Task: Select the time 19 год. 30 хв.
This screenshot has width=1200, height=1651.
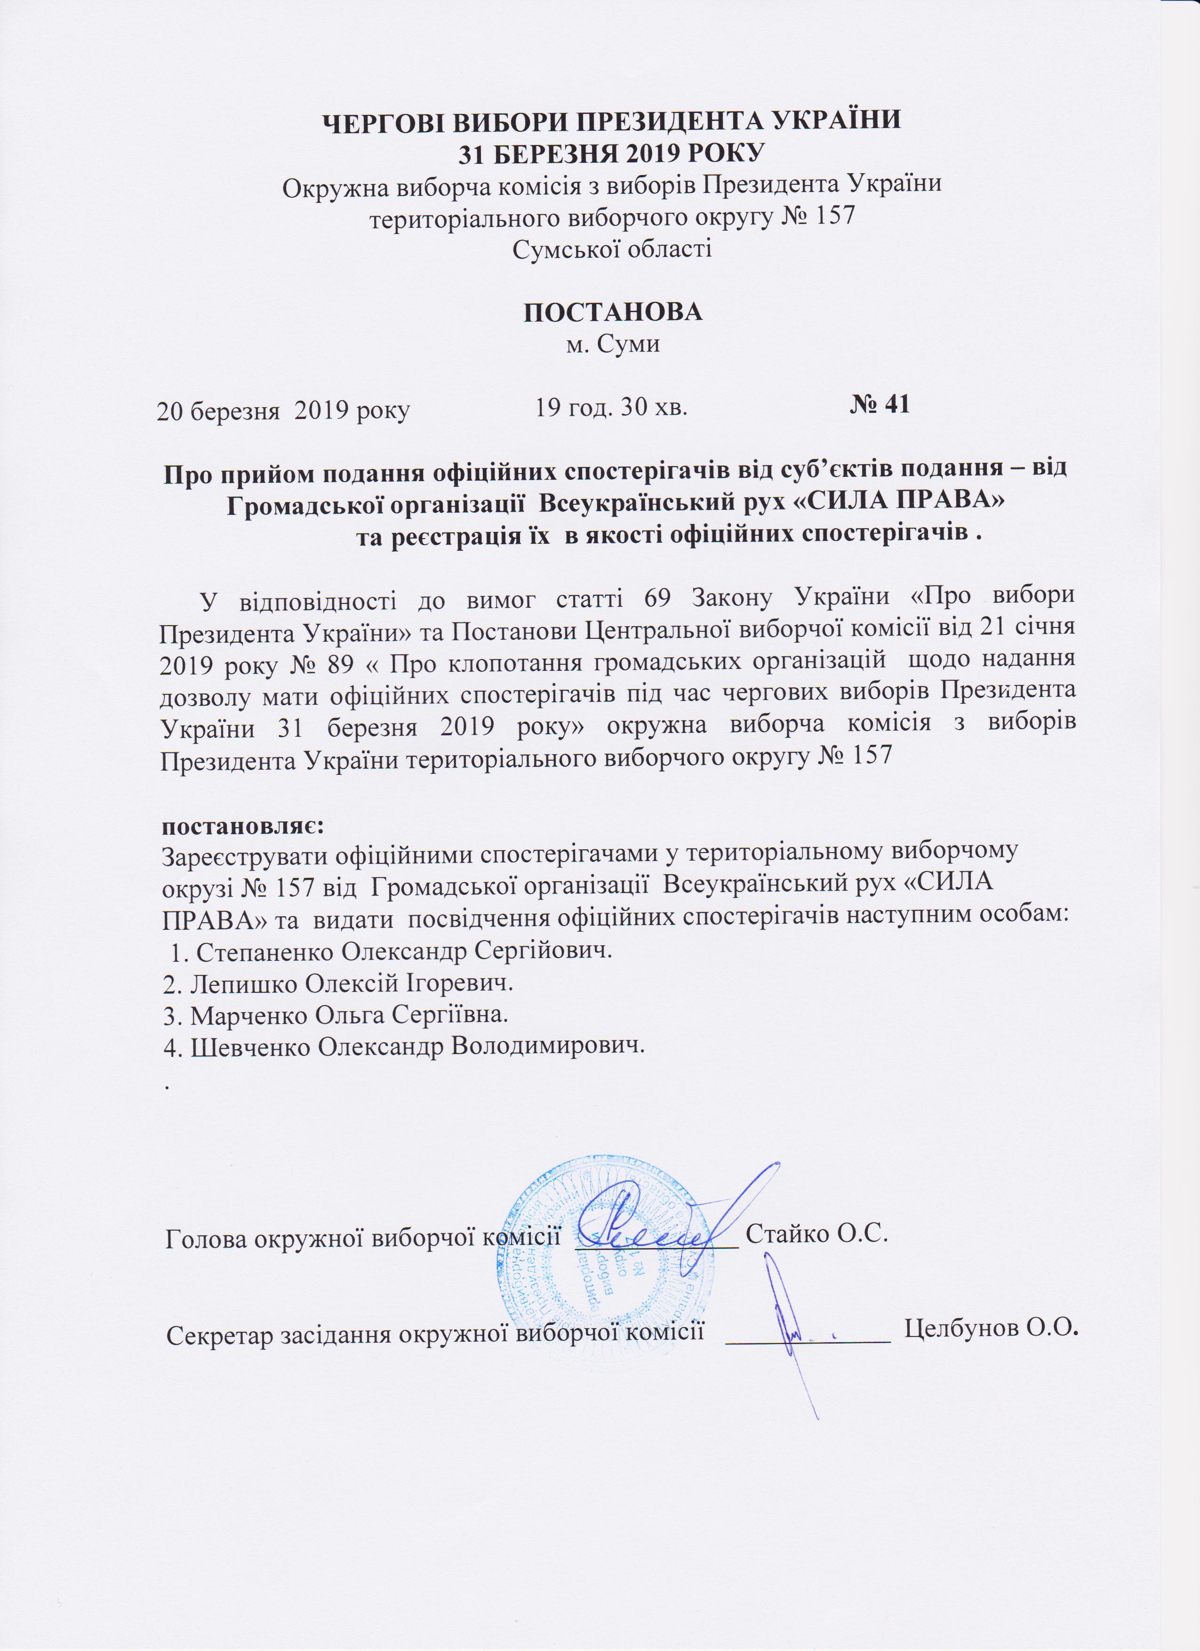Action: (x=611, y=407)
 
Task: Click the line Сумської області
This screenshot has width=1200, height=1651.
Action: (x=612, y=250)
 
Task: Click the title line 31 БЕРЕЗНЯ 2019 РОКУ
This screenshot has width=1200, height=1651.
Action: (x=611, y=153)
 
